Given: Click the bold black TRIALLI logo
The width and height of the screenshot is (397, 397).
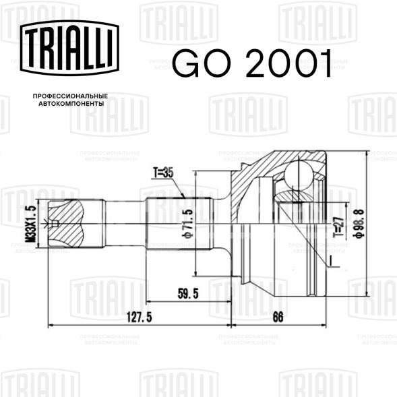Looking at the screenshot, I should [71, 49].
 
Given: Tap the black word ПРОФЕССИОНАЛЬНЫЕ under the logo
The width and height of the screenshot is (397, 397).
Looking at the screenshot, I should [70, 97].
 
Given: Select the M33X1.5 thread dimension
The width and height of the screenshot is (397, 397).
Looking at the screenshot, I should [29, 224].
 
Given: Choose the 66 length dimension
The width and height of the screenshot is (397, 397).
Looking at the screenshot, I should [277, 317].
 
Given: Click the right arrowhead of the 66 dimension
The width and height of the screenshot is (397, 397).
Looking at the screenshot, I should [324, 326].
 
